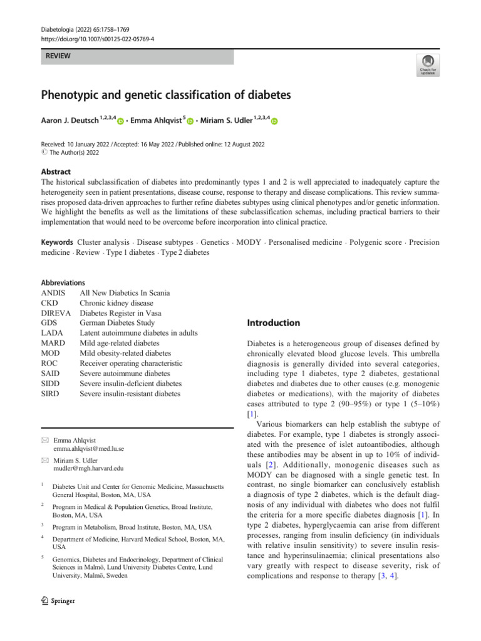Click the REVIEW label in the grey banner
[x=56, y=56]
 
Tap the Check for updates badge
[x=428, y=64]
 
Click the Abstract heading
[x=56, y=172]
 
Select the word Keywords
[x=58, y=242]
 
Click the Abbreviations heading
[x=63, y=282]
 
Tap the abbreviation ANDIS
[x=53, y=293]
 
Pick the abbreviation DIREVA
[x=56, y=312]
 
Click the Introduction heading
[x=274, y=323]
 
